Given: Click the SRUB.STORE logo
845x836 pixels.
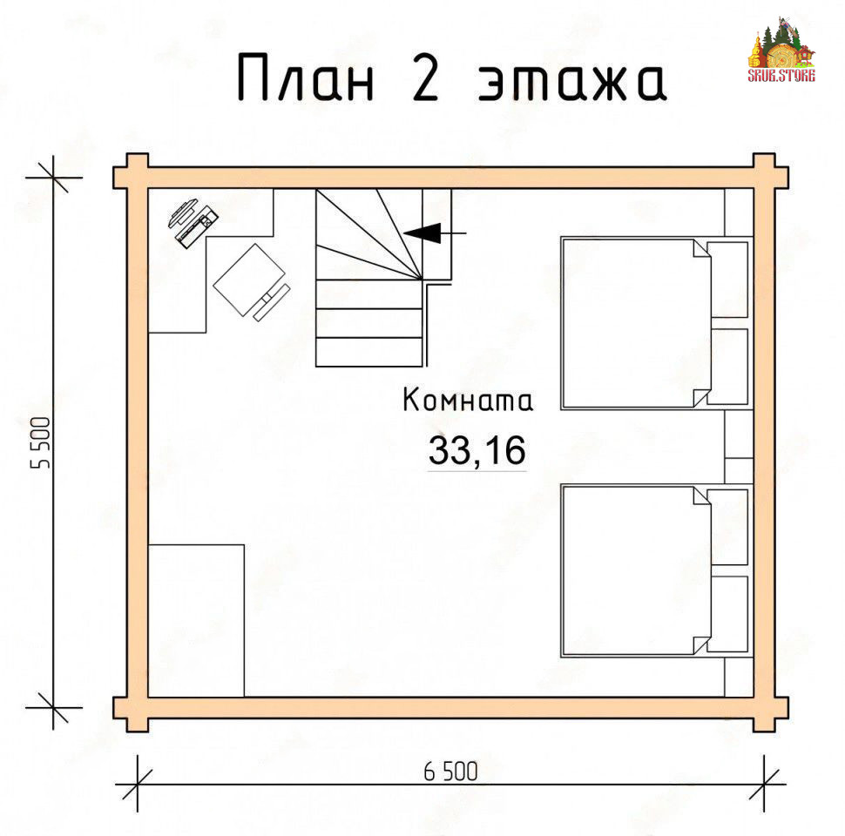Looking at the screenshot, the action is tap(781, 51).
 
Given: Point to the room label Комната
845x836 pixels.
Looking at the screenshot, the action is tap(468, 401).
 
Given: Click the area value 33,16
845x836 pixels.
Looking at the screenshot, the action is tap(477, 450).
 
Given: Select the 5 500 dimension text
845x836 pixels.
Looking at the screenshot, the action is tap(41, 442).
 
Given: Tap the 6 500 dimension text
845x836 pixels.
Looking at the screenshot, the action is tap(450, 772).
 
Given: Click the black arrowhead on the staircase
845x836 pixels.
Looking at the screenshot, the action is tap(422, 233).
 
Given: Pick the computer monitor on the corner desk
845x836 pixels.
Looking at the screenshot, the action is tap(182, 212).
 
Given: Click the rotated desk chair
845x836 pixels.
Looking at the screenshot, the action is tap(251, 282).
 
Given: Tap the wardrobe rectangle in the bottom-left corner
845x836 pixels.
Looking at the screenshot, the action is tap(196, 621).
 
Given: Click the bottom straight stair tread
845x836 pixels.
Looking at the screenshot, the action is tap(369, 353).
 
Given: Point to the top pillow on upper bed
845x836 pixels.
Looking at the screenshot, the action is tap(727, 280).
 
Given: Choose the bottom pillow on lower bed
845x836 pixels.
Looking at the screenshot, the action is tap(727, 614).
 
